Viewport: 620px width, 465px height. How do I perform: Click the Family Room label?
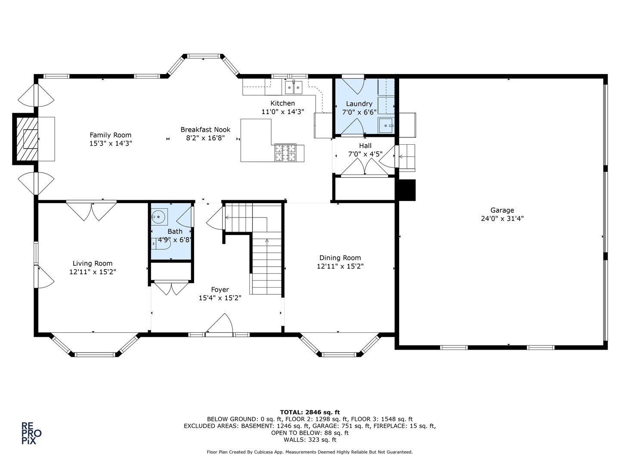(x=111, y=135)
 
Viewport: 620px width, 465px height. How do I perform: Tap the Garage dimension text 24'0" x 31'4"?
(x=502, y=219)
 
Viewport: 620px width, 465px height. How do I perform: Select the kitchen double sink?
(x=294, y=87)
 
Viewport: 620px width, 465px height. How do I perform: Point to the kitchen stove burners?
(x=285, y=152)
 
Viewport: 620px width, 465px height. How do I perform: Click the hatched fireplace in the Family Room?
(x=27, y=139)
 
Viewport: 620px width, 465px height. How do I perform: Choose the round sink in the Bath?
(x=158, y=217)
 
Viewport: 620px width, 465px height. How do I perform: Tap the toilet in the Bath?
(x=161, y=244)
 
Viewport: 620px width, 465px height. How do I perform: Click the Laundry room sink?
(x=386, y=126)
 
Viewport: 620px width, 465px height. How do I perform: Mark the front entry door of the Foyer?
(x=219, y=325)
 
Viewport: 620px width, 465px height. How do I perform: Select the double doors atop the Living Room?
(x=92, y=211)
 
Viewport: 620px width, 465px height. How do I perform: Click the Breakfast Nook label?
(x=205, y=130)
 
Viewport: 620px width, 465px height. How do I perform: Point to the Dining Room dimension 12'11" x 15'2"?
(x=340, y=266)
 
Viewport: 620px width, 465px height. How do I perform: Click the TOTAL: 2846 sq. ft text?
(x=310, y=412)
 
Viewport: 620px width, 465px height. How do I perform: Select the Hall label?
(x=365, y=146)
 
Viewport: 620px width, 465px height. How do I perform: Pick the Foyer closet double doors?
(x=171, y=288)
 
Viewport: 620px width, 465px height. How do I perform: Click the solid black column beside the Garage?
(x=407, y=190)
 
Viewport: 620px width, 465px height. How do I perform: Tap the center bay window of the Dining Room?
(x=339, y=355)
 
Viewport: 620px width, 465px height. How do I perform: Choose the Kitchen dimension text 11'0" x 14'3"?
(x=283, y=112)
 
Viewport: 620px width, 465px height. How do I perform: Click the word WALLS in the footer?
(x=294, y=440)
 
